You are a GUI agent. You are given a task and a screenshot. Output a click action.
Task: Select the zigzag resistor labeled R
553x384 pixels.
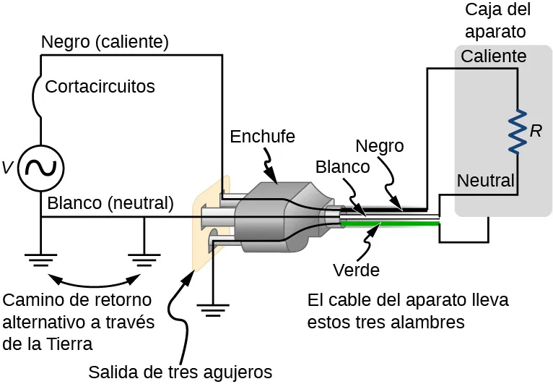pyautogui.click(x=516, y=131)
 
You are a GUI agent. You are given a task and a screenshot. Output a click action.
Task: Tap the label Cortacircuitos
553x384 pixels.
pyautogui.click(x=100, y=87)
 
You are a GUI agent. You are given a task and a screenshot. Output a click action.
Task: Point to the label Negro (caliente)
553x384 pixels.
pyautogui.click(x=105, y=43)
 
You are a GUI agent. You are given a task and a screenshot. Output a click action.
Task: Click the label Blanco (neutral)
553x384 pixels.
pyautogui.click(x=110, y=203)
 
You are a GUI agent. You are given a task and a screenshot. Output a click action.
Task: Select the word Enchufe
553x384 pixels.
pyautogui.click(x=262, y=136)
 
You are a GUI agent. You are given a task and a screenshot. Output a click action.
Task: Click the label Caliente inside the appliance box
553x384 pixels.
pyautogui.click(x=493, y=56)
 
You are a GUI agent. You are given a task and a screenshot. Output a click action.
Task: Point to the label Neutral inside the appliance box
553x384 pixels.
pyautogui.click(x=486, y=180)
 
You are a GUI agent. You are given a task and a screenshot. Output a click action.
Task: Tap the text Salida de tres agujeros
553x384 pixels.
pyautogui.click(x=180, y=372)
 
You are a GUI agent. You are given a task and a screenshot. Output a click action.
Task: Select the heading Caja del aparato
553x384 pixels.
pyautogui.click(x=497, y=20)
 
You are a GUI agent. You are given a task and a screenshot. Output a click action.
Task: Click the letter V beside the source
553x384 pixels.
pyautogui.click(x=7, y=168)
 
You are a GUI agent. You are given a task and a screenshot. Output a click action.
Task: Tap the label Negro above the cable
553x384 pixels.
pyautogui.click(x=380, y=145)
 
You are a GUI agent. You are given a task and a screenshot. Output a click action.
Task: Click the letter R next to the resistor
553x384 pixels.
pyautogui.click(x=536, y=131)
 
